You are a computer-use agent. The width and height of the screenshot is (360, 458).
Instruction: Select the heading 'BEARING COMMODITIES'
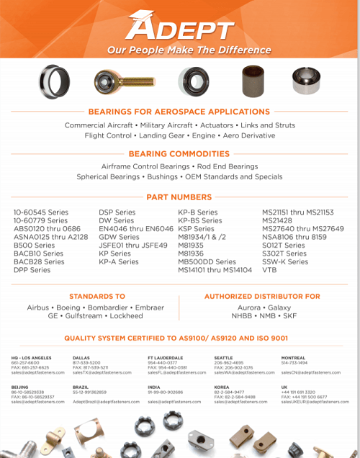coord(179,154)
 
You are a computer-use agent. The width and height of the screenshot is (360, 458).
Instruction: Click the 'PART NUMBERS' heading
coord(179,197)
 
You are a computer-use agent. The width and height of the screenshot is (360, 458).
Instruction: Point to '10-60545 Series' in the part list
coord(41,212)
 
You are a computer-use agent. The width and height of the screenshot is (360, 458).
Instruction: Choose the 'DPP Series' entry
coord(33,270)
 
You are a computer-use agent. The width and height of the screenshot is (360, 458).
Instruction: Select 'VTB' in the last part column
coord(269,270)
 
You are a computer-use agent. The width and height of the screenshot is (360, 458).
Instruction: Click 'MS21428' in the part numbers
coord(278,220)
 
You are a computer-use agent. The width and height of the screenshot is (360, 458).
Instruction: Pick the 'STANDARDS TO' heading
coord(96,296)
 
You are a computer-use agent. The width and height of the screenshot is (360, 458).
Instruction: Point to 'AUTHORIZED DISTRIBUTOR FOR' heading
coord(262,296)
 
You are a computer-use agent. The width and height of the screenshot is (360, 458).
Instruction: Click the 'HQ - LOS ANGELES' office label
coord(31,357)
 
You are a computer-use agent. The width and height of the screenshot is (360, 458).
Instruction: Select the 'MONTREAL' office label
coord(293,357)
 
